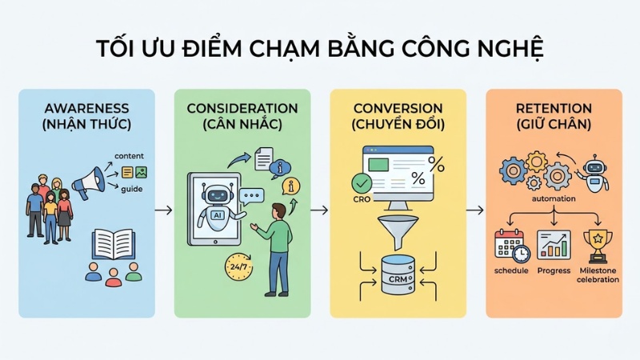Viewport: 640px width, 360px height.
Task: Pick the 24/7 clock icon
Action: tap(239, 266)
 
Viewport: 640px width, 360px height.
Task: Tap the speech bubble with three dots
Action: tap(253, 195)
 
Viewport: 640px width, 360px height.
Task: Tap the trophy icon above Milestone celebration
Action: tap(598, 242)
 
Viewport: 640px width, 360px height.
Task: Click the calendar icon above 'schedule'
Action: tap(510, 243)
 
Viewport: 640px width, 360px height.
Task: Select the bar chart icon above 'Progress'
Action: tap(554, 243)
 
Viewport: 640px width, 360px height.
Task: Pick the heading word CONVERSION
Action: tap(398, 108)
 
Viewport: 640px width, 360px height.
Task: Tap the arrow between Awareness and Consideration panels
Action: tap(164, 210)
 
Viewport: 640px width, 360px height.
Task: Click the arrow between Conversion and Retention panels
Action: tap(474, 210)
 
